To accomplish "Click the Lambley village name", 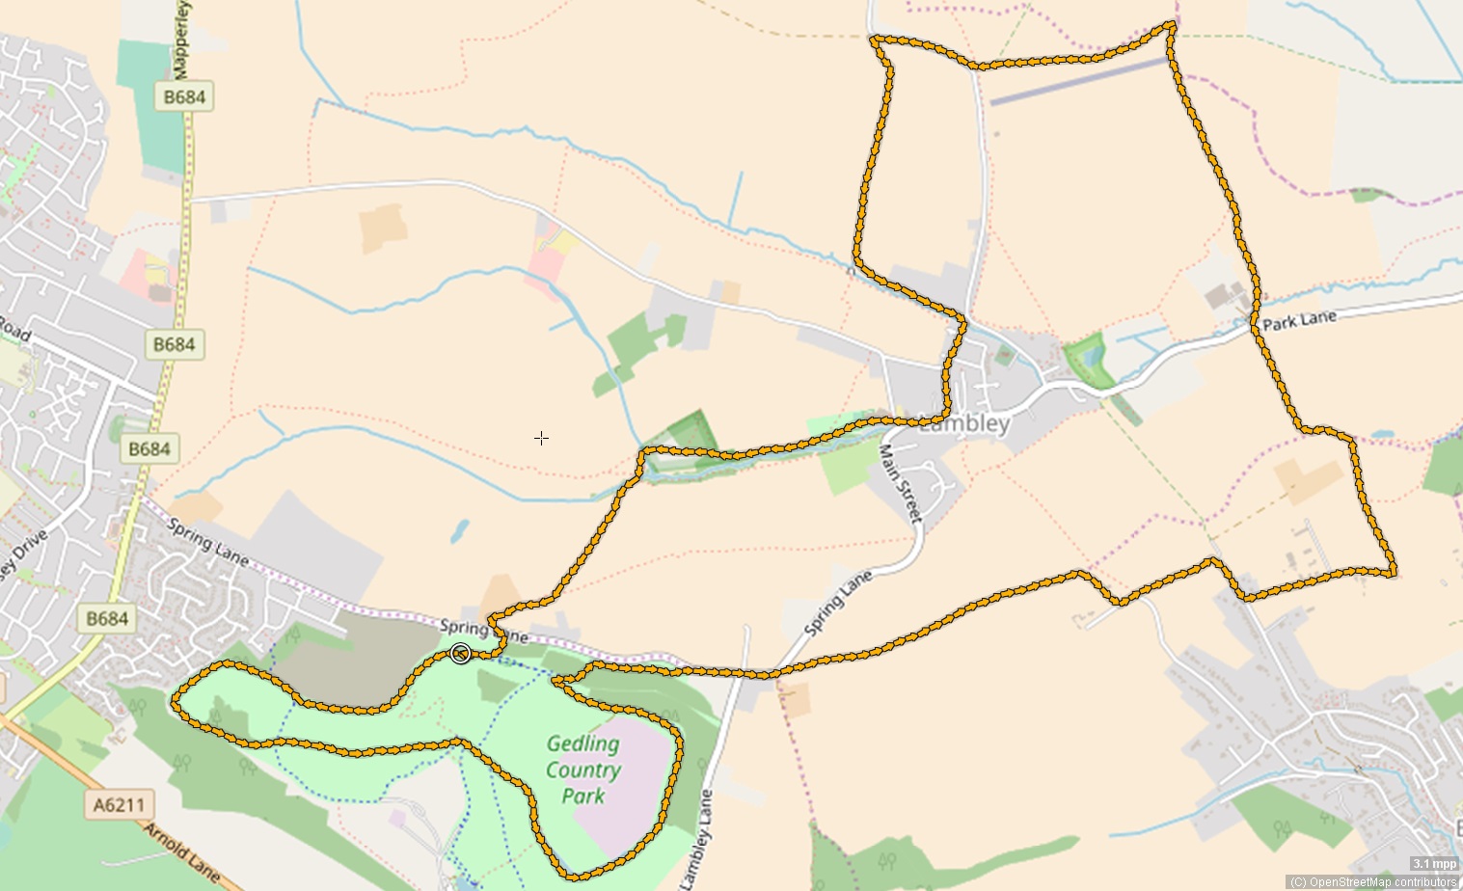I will pyautogui.click(x=964, y=423).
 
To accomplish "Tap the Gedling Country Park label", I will pyautogui.click(x=583, y=769).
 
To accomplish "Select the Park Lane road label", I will pyautogui.click(x=1299, y=320).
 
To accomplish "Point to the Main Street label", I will pyautogui.click(x=901, y=483).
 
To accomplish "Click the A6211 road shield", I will pyautogui.click(x=120, y=804).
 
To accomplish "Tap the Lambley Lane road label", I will pyautogui.click(x=696, y=839).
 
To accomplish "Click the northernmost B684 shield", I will pyautogui.click(x=183, y=96).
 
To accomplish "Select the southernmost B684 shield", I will pyautogui.click(x=107, y=618).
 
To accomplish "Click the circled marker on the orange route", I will pyautogui.click(x=461, y=654).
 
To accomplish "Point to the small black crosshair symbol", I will pyautogui.click(x=542, y=438).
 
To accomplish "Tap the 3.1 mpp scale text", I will pyautogui.click(x=1435, y=864).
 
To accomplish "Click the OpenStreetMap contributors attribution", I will pyautogui.click(x=1373, y=881).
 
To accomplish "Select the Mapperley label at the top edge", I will pyautogui.click(x=180, y=39).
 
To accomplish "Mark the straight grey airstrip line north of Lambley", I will pyautogui.click(x=1078, y=81).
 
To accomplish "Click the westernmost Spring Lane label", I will pyautogui.click(x=208, y=541).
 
